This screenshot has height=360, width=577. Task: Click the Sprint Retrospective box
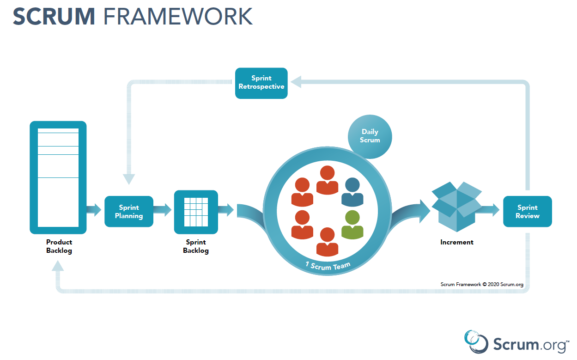261,83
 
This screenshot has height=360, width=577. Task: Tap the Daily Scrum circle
370,136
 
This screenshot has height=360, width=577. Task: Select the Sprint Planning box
128,212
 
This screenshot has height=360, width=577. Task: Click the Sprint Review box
527,212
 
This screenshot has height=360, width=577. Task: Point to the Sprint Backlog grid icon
196,212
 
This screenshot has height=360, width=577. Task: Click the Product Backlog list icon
58,177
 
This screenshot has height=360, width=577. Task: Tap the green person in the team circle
352,224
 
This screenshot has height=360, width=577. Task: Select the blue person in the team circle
352,192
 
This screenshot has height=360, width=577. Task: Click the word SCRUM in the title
54,17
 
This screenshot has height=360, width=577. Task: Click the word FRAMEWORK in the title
178,17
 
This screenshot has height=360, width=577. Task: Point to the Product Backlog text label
59,246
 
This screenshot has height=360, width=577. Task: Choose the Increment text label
456,242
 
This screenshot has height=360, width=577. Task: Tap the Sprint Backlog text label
196,246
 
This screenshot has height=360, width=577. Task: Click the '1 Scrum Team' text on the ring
328,267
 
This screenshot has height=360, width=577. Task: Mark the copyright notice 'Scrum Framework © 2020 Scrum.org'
482,285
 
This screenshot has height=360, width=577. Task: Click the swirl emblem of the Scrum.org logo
476,342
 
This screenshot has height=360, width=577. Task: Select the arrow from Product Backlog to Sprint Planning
94,210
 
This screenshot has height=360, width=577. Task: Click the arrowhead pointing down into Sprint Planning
128,179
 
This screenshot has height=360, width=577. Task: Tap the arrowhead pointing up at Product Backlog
58,265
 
